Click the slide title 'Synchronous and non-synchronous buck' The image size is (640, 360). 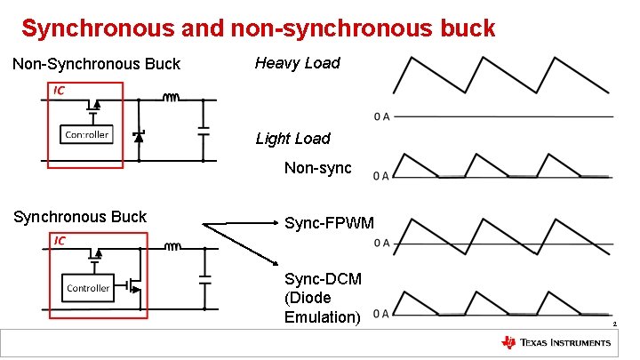pos(258,28)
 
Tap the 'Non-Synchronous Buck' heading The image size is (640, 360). pos(96,64)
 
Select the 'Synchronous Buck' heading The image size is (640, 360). pos(79,217)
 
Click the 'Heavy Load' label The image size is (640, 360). pos(298,63)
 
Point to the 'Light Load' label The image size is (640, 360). pos(292,139)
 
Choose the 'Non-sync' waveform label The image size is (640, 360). pos(317,168)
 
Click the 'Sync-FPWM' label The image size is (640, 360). pos(329,222)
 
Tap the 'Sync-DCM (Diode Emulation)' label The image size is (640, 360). pos(323,298)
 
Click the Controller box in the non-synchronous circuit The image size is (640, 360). pos(86,134)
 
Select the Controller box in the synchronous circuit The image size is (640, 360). pos(88,288)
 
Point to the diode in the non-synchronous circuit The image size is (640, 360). pos(138,135)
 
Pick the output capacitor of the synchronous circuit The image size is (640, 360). pos(204,278)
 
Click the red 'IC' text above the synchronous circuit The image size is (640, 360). pos(60,240)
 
